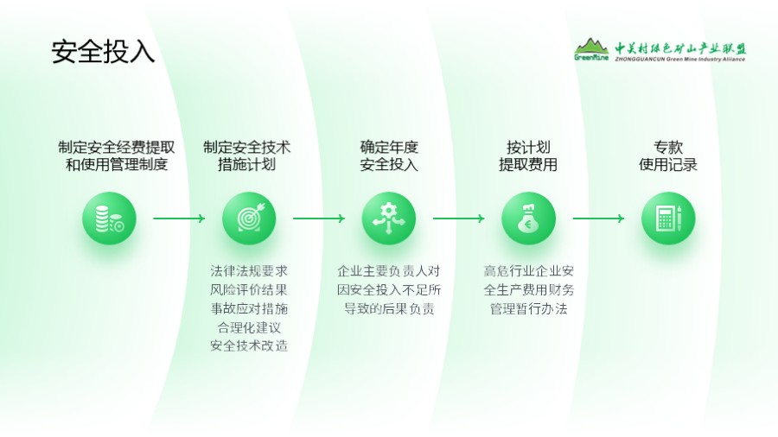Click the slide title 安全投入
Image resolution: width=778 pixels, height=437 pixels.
pyautogui.click(x=103, y=51)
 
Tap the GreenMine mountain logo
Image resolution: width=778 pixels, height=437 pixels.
pyautogui.click(x=592, y=49)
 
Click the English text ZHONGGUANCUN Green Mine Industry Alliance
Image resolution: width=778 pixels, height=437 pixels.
pyautogui.click(x=680, y=59)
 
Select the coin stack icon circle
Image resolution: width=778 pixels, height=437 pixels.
pyautogui.click(x=109, y=218)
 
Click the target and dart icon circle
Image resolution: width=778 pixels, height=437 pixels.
pyautogui.click(x=249, y=218)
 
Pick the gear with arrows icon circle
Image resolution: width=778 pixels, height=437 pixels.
pyautogui.click(x=389, y=218)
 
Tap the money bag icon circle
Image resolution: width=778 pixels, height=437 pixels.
pyautogui.click(x=528, y=218)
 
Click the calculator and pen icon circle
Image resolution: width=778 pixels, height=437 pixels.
pyautogui.click(x=668, y=218)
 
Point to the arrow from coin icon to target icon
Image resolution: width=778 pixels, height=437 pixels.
pyautogui.click(x=179, y=218)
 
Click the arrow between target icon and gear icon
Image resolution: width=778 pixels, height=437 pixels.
pyautogui.click(x=319, y=218)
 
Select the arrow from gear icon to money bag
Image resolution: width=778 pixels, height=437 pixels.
pyautogui.click(x=459, y=218)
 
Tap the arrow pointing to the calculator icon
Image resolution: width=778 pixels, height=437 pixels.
pyautogui.click(x=598, y=218)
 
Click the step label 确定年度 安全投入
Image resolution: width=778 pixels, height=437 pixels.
pyautogui.click(x=389, y=156)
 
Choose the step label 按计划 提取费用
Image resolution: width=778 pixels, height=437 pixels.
pyautogui.click(x=528, y=156)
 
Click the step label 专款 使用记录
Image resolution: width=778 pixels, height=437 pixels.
pyautogui.click(x=668, y=156)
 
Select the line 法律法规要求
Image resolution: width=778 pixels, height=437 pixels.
pyautogui.click(x=249, y=270)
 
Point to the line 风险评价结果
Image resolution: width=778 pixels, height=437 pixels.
pyautogui.click(x=249, y=289)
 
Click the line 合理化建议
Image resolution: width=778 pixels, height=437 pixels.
pyautogui.click(x=249, y=327)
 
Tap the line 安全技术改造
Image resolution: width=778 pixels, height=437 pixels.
pyautogui.click(x=249, y=346)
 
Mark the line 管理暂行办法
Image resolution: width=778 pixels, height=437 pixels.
pyautogui.click(x=528, y=308)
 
